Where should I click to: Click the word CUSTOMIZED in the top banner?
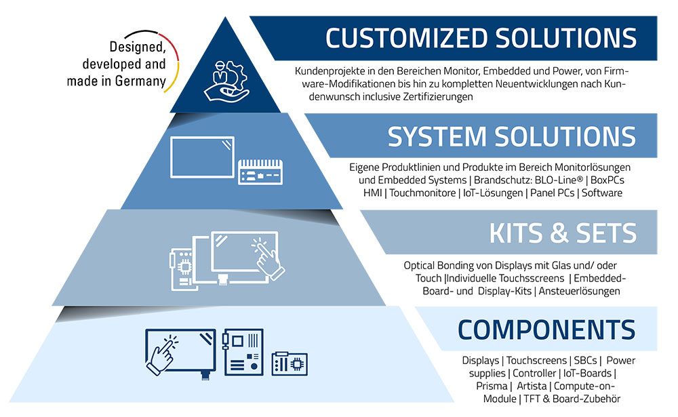coord(406,38)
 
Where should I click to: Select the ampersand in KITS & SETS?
coord(559,233)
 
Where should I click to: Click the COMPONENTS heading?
coord(546,330)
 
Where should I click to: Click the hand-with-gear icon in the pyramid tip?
coord(226,81)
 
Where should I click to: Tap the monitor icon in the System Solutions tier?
coord(202,157)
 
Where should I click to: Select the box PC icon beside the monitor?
coord(260,172)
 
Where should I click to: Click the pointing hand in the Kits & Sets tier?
coord(268,260)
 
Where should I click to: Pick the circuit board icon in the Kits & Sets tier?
coord(181,269)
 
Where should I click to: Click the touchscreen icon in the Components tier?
coord(181,352)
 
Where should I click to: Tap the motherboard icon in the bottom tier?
coord(243,352)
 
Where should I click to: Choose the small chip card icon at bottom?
coord(290,363)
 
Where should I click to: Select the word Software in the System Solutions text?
coord(602,193)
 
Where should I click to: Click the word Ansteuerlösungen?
coord(580,291)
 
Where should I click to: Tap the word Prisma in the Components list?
coord(492,386)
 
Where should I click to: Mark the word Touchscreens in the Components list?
coord(536,360)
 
